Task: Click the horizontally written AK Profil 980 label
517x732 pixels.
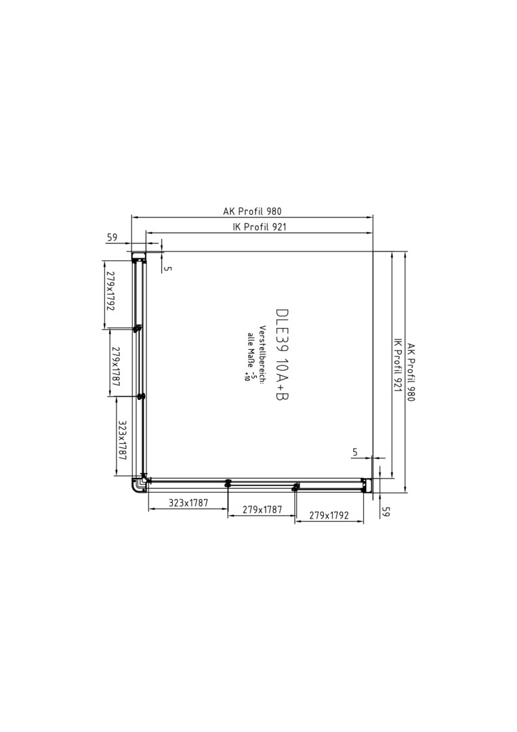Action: pyautogui.click(x=253, y=211)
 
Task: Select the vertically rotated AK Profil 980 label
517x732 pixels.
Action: pyautogui.click(x=411, y=372)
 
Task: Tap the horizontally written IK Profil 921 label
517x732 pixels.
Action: pyautogui.click(x=260, y=227)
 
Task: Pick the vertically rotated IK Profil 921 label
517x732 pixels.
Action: pyautogui.click(x=398, y=365)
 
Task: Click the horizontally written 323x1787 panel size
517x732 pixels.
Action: pyautogui.click(x=188, y=503)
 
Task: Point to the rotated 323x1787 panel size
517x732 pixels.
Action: pyautogui.click(x=123, y=441)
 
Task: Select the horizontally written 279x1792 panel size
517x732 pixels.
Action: pyautogui.click(x=329, y=515)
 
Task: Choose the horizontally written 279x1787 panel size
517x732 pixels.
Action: pyautogui.click(x=262, y=509)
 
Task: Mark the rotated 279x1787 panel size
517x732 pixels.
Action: pyautogui.click(x=116, y=367)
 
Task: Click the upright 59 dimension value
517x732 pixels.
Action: pyautogui.click(x=112, y=237)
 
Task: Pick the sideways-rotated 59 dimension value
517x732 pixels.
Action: pyautogui.click(x=386, y=511)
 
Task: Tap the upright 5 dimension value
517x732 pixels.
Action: pyautogui.click(x=355, y=452)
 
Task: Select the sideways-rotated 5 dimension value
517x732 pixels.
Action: pyautogui.click(x=169, y=268)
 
